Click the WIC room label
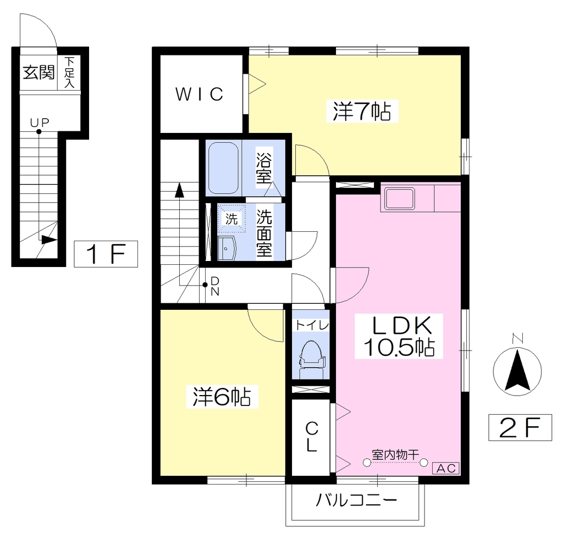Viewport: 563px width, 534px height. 199,94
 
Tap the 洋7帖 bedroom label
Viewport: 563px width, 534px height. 362,111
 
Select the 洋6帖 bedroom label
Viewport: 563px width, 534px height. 222,397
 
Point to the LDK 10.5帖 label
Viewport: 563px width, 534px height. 399,336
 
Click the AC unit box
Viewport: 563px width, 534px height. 448,468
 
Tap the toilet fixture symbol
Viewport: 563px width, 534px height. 311,355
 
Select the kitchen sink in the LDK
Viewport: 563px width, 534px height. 400,198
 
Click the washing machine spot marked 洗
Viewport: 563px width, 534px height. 231,219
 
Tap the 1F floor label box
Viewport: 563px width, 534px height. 106,254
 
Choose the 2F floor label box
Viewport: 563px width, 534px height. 520,427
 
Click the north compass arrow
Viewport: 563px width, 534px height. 517,371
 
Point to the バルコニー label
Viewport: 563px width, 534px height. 356,500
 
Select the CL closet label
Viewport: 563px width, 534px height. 311,437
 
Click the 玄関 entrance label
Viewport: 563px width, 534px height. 39,73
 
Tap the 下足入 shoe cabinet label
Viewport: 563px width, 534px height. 69,73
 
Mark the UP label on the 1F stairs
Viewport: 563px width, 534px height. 40,123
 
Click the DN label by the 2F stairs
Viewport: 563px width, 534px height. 215,286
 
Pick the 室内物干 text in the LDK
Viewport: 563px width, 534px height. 395,455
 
